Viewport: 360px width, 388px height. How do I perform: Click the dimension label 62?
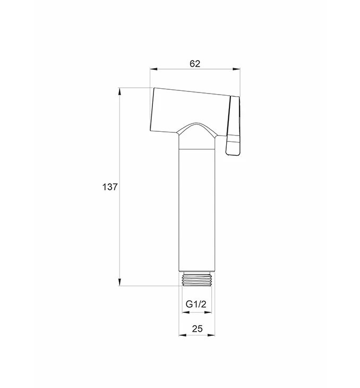click(x=195, y=64)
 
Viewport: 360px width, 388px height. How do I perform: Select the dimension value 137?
click(x=110, y=187)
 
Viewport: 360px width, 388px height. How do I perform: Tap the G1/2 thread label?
click(x=196, y=304)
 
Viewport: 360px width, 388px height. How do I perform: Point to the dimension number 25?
click(x=197, y=328)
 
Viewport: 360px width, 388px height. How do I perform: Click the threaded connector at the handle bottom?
click(x=197, y=279)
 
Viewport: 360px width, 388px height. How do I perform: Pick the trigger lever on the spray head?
click(x=233, y=126)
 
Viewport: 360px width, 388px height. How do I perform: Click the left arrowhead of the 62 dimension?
click(x=153, y=69)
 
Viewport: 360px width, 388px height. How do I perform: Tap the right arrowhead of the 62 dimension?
click(x=236, y=69)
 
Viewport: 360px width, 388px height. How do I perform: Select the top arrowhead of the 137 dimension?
click(x=119, y=91)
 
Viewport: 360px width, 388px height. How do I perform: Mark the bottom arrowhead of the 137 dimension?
click(x=119, y=282)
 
